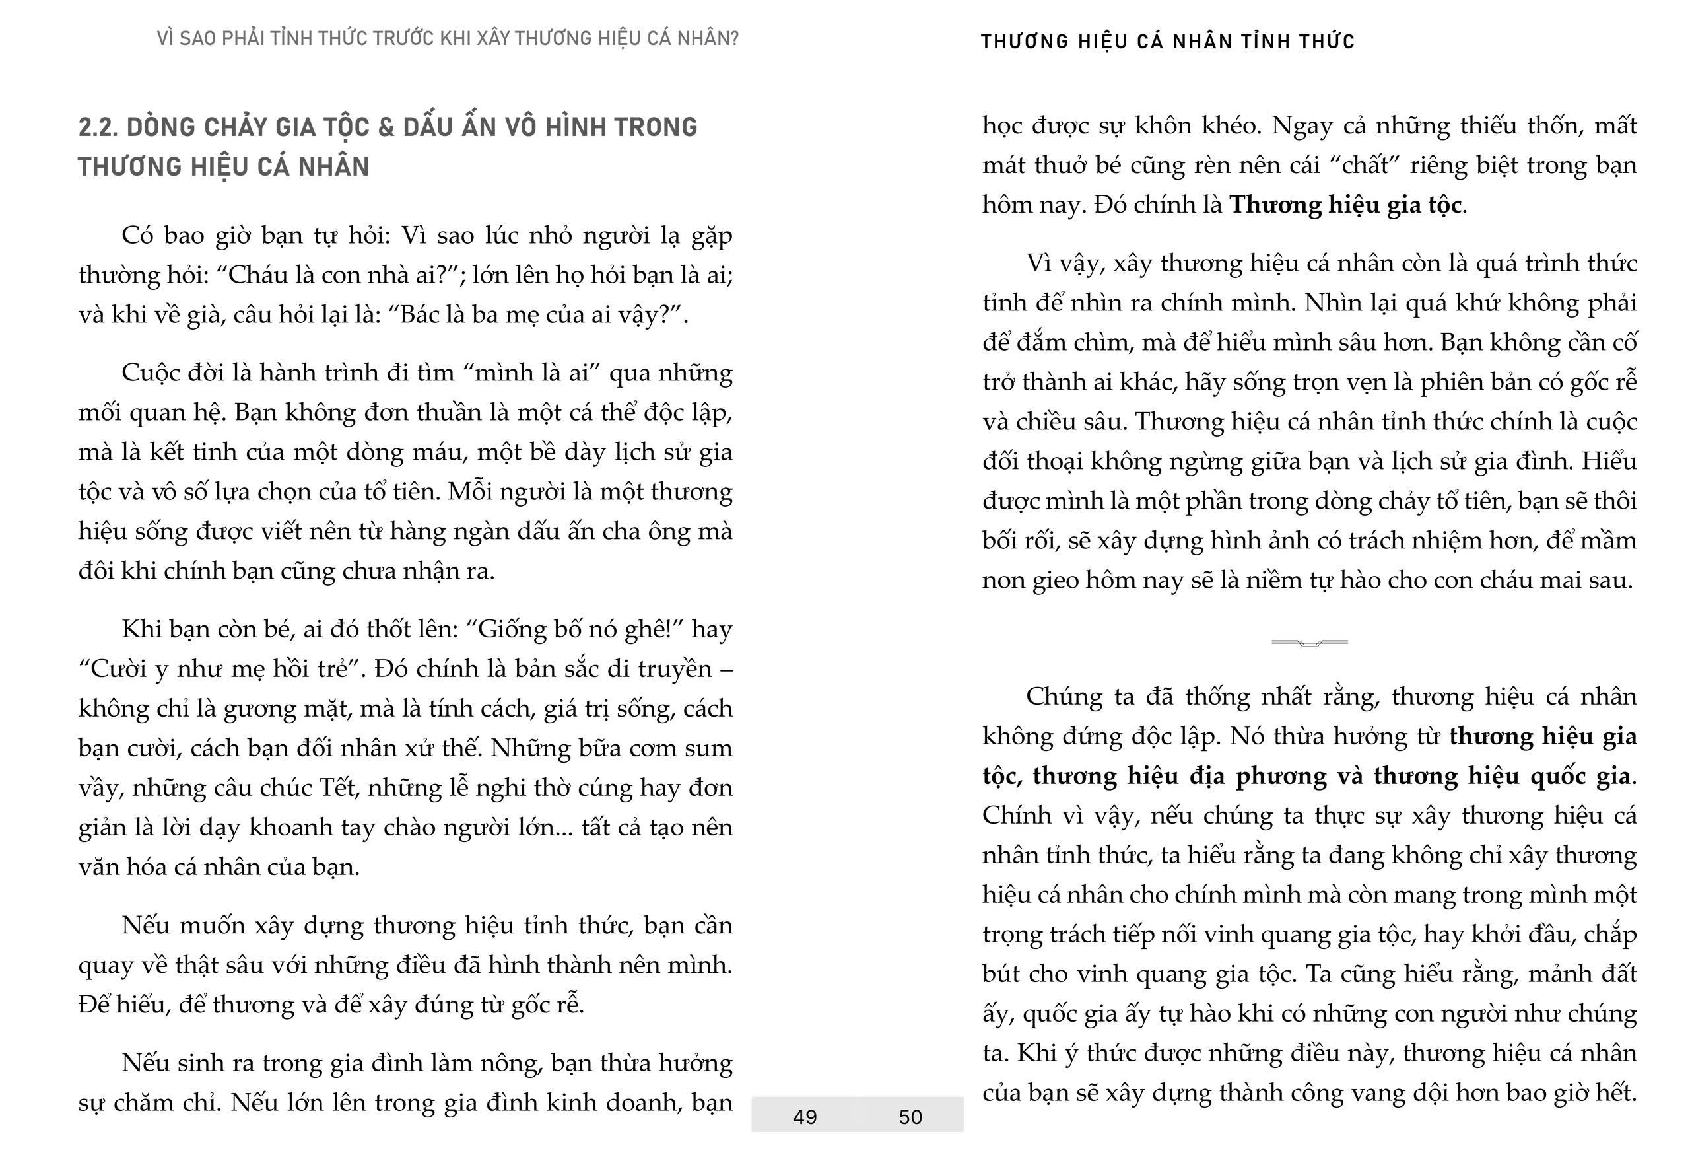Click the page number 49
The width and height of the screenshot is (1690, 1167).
coord(804,1117)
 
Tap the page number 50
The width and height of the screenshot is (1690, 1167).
coord(910,1117)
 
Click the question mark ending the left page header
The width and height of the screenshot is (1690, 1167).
coord(734,39)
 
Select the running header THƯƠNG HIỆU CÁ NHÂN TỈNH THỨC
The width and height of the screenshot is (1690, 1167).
coord(1167,42)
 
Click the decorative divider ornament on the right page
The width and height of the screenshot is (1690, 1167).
coord(1309,642)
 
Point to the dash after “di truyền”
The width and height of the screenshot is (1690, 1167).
coord(726,669)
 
